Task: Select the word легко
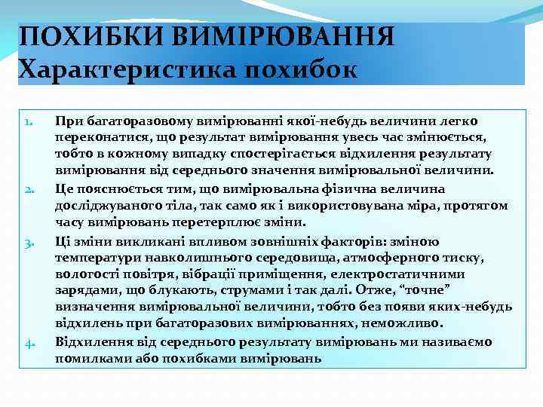pos(461,121)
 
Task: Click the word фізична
pos(330,188)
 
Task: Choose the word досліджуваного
pos(101,205)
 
